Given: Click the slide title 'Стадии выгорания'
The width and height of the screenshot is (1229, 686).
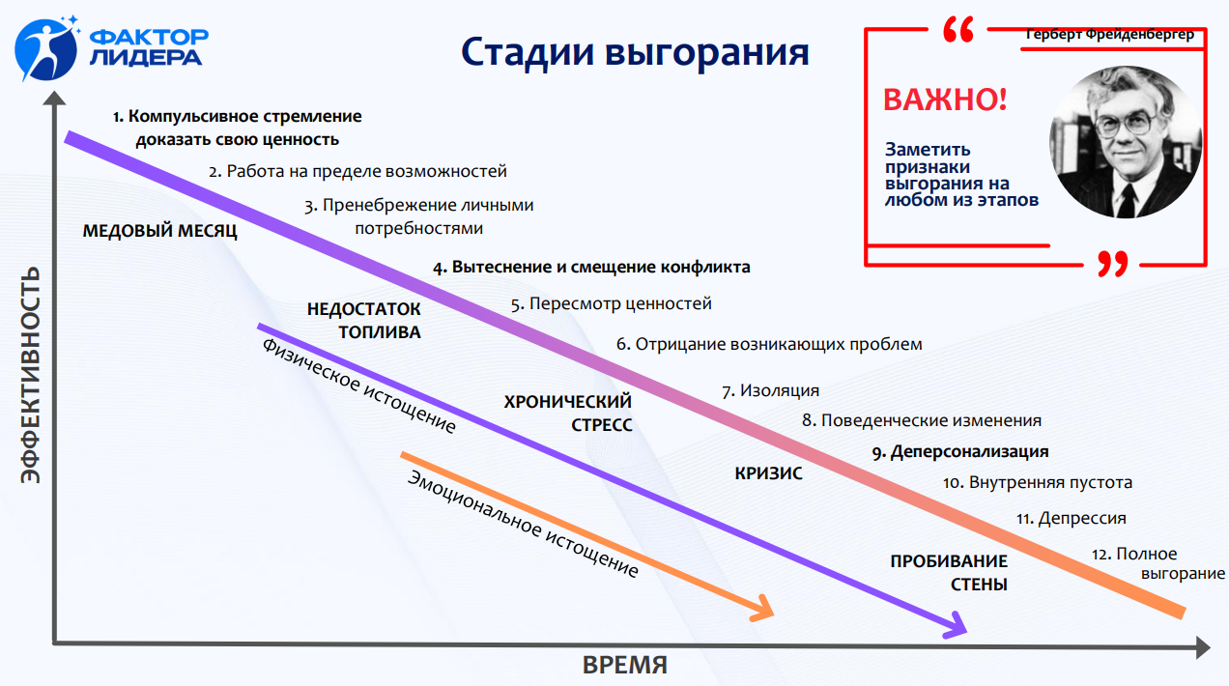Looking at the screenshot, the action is (x=635, y=53).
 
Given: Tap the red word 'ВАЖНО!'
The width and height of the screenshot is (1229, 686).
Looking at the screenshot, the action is (x=945, y=100).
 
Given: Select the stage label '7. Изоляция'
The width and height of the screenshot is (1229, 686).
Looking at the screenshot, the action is (x=770, y=390).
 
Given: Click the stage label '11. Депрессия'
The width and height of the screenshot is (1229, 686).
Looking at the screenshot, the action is (x=1071, y=518).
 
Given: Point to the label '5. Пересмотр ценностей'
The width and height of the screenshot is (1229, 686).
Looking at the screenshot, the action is (x=612, y=303).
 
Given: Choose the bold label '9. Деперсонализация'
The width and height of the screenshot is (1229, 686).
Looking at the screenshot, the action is (x=960, y=451).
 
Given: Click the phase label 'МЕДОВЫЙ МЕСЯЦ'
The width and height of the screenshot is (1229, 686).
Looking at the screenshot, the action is (x=159, y=231).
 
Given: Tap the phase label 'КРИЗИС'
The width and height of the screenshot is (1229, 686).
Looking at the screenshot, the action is (x=768, y=473).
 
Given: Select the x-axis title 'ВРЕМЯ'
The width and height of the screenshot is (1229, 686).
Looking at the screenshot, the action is (x=625, y=665).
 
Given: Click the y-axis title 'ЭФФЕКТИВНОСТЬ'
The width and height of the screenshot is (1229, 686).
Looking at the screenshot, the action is (x=31, y=375).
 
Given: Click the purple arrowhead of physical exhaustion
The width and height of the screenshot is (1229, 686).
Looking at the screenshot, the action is (x=957, y=626).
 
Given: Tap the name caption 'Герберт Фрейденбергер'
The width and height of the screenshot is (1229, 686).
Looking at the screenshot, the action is (x=1109, y=34).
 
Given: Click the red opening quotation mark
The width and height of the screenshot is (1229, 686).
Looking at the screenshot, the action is (x=958, y=29).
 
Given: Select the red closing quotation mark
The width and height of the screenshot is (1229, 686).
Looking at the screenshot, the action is (x=1113, y=264).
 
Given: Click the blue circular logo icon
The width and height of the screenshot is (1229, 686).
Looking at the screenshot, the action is (x=46, y=49).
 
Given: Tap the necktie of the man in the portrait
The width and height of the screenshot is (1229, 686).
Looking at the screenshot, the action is (x=1127, y=200).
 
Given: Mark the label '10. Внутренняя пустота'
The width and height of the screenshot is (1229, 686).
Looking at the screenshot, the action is (x=1038, y=482).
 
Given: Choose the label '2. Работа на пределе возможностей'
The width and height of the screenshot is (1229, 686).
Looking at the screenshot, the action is (x=357, y=171).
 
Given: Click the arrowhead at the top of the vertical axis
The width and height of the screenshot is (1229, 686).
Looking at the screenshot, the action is (x=54, y=99).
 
